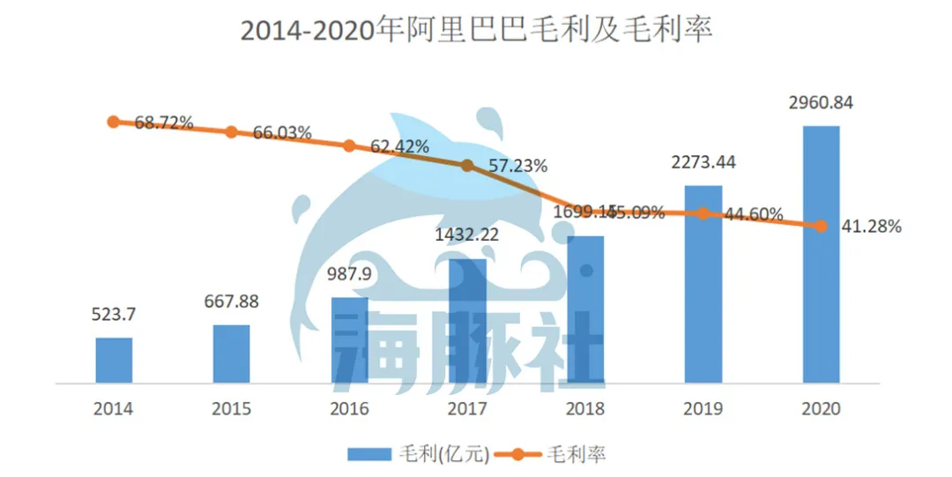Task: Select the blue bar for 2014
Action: point(114,361)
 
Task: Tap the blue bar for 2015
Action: point(232,354)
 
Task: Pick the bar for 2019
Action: point(703,284)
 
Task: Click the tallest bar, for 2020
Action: point(821,255)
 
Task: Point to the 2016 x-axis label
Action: point(349,410)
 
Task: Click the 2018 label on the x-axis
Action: point(585,410)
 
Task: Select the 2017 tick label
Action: point(467,410)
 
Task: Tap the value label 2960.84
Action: point(821,103)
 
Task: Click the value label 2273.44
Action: point(703,163)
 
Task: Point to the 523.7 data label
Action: point(114,315)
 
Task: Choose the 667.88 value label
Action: point(232,302)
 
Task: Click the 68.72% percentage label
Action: point(164,123)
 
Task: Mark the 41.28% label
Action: point(869,227)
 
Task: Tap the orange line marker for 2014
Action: point(114,122)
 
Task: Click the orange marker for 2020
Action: point(821,226)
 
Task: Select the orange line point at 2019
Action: point(703,213)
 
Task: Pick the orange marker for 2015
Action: point(232,132)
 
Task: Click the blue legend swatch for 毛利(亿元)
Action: point(368,454)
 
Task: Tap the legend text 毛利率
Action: point(576,454)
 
